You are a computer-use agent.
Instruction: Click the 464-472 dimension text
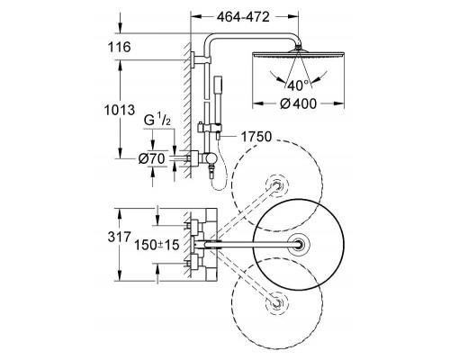(x=243, y=17)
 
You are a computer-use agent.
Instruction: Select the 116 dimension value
(x=120, y=47)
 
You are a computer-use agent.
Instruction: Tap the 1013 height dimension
(x=120, y=110)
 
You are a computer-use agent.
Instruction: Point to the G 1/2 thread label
(x=157, y=120)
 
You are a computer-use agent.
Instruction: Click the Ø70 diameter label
(x=152, y=158)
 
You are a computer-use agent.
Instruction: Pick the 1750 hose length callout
(x=256, y=137)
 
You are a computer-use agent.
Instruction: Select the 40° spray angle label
(x=298, y=85)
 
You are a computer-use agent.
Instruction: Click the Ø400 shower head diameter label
(x=298, y=103)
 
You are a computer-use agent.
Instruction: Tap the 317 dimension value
(x=120, y=237)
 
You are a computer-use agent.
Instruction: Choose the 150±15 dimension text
(x=157, y=245)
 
